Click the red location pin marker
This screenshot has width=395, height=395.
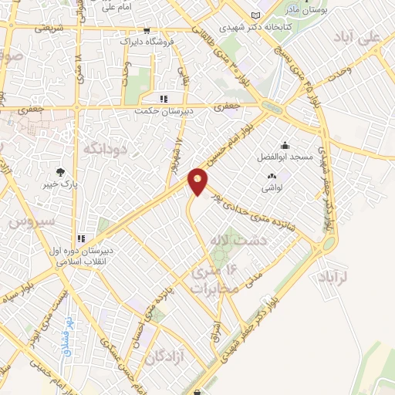point(198,181)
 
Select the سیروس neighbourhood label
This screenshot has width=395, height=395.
point(31,221)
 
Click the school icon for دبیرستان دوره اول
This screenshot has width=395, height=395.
point(79,238)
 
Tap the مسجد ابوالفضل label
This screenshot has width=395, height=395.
point(290,157)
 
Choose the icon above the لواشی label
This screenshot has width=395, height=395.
point(271,177)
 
